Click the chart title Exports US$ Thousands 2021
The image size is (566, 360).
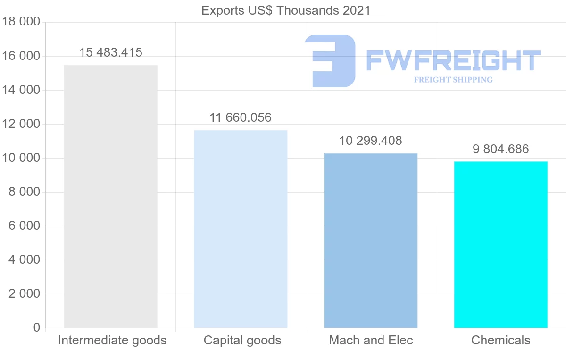click(x=286, y=10)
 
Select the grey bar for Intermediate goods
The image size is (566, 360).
click(x=110, y=196)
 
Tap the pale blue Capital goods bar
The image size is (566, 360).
click(x=241, y=229)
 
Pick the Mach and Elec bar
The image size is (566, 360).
click(x=371, y=241)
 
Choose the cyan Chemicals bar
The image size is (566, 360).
click(x=501, y=244)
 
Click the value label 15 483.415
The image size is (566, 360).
click(x=110, y=53)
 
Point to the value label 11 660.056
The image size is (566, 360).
click(x=241, y=117)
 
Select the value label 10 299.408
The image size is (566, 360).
click(x=371, y=141)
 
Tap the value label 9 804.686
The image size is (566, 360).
click(x=501, y=149)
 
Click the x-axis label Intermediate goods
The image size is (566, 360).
click(x=112, y=340)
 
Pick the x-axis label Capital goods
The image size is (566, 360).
click(x=242, y=340)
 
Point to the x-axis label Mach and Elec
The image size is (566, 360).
click(x=371, y=340)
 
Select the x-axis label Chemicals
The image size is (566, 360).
click(x=501, y=340)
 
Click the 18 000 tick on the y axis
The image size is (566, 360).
click(x=20, y=22)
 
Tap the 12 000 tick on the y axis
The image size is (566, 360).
click(x=20, y=124)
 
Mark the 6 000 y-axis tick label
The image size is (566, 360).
click(x=24, y=226)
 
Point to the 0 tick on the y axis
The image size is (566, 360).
click(x=37, y=328)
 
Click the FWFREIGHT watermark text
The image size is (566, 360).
click(x=453, y=60)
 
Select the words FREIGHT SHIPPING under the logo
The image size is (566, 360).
click(x=453, y=80)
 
